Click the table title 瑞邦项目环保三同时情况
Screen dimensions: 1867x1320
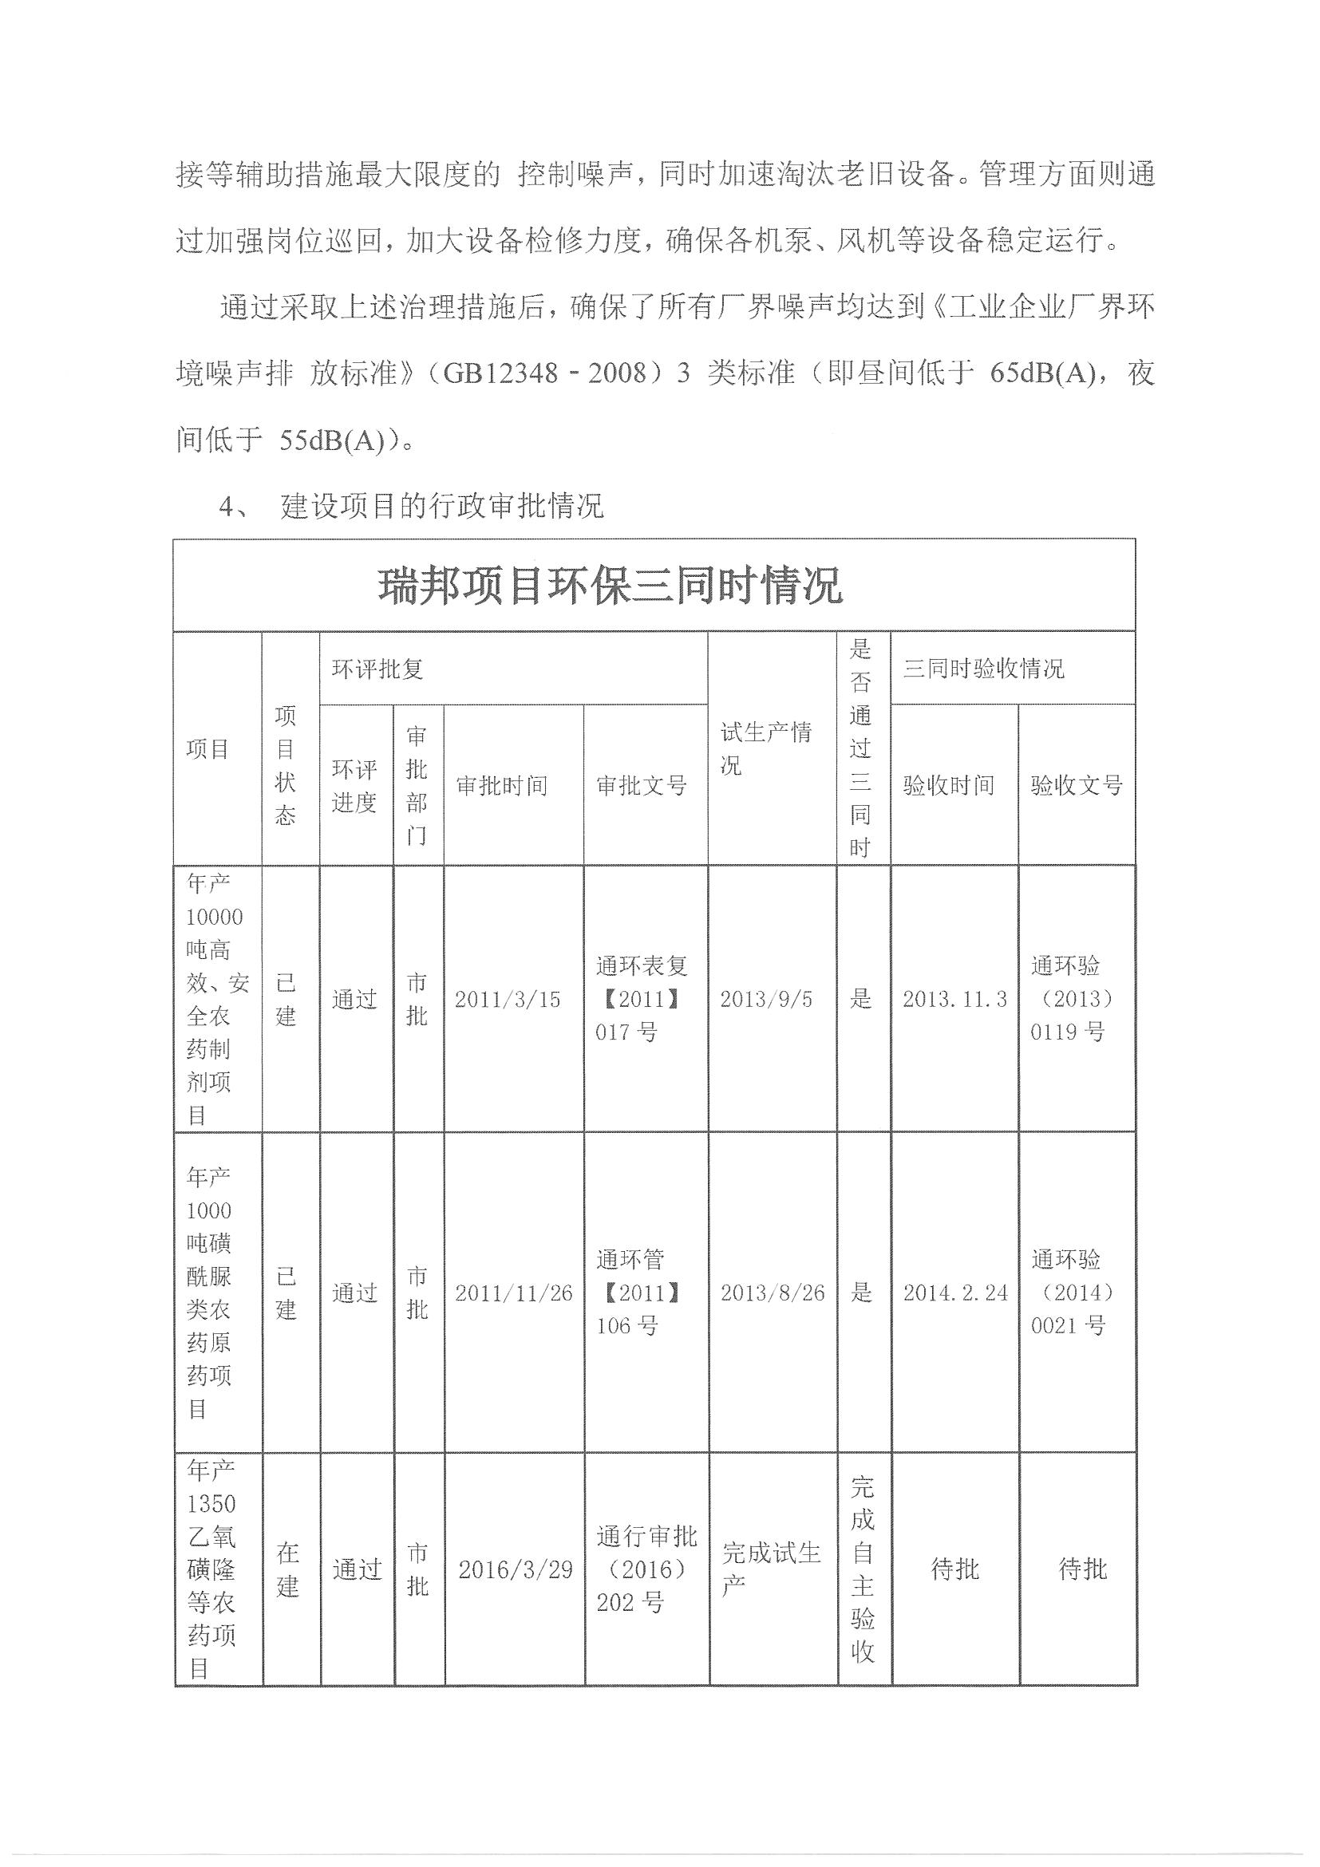(610, 586)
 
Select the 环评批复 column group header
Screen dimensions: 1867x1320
(377, 669)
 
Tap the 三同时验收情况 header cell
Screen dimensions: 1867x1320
(982, 669)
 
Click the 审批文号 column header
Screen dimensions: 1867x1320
(642, 786)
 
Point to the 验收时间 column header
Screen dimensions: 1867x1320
(948, 786)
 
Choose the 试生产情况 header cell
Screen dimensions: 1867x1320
(765, 749)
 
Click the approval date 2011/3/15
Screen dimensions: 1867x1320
(508, 1000)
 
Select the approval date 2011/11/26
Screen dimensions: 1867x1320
(513, 1293)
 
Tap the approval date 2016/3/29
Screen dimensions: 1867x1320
(515, 1569)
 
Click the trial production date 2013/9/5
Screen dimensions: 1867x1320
(765, 1000)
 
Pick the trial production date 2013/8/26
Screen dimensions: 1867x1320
(772, 1293)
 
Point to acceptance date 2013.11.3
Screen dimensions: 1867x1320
(954, 1000)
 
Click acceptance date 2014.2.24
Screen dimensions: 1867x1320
(954, 1293)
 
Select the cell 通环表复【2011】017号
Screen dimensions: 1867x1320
(642, 1000)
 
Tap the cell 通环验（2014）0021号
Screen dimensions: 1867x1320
(1072, 1293)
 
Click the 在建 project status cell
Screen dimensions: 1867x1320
(287, 1569)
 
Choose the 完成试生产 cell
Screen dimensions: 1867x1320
(770, 1569)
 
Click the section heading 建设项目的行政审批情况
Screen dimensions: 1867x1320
(441, 506)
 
